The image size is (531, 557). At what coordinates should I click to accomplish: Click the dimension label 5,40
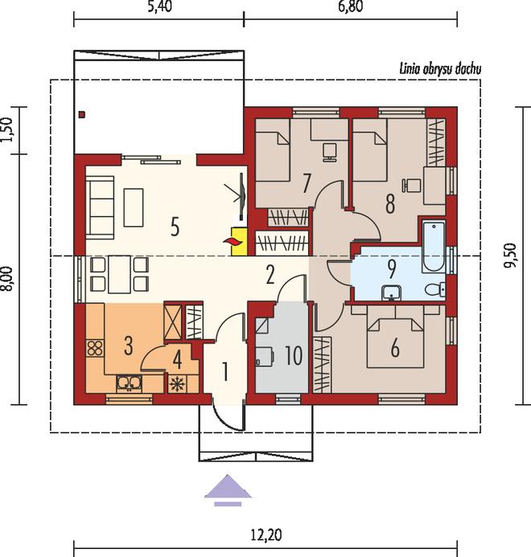[160, 6]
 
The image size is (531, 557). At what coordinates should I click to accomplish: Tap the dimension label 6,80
[351, 6]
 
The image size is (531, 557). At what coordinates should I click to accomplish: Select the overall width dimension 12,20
[266, 534]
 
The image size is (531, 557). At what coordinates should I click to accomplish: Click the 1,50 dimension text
[7, 129]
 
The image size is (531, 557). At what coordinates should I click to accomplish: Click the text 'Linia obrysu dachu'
[440, 68]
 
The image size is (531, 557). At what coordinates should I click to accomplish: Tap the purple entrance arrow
[228, 489]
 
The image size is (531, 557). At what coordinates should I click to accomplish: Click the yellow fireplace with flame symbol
[239, 242]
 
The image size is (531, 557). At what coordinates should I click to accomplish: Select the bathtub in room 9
[434, 247]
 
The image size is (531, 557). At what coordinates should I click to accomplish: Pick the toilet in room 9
[435, 289]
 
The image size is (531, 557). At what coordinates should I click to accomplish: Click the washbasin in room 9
[392, 293]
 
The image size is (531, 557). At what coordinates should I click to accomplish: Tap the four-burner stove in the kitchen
[95, 348]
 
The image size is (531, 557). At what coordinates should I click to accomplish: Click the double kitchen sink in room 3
[129, 383]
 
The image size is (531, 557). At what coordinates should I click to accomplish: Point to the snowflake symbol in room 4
[177, 384]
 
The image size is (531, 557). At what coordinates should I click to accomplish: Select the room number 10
[294, 355]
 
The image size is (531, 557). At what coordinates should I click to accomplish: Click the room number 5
[175, 227]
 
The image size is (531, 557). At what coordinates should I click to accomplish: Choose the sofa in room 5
[100, 207]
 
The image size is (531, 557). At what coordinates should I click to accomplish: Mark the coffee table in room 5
[134, 207]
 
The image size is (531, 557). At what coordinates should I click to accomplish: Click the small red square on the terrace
[83, 114]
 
